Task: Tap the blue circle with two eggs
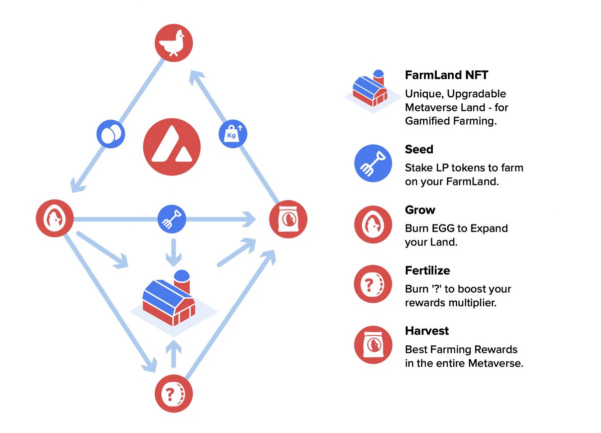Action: point(111,134)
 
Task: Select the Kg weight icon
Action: point(233,134)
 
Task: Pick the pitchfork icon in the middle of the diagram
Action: point(172,219)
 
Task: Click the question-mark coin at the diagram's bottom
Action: point(173,394)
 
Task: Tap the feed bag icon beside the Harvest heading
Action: point(373,345)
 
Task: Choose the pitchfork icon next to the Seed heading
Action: point(373,163)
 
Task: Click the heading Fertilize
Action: point(427,271)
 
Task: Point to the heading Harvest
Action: point(427,331)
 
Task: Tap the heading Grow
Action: point(420,209)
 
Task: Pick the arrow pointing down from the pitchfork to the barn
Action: point(173,252)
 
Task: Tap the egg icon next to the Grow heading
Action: point(373,224)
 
